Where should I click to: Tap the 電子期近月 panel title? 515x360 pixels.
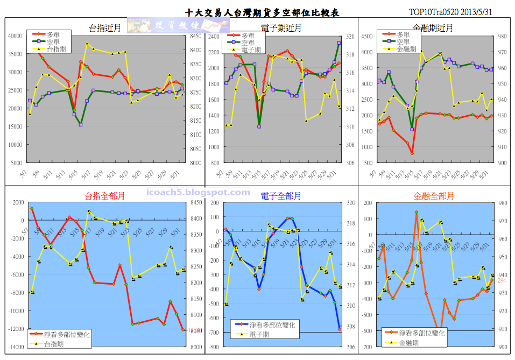(x=280, y=28)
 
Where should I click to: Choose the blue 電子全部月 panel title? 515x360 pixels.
(x=280, y=196)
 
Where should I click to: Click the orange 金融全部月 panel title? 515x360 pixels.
(x=434, y=196)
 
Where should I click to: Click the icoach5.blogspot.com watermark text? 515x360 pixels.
(x=198, y=192)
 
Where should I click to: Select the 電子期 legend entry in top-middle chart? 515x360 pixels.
(x=251, y=50)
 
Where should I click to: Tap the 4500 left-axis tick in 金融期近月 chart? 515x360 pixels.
(x=366, y=37)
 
